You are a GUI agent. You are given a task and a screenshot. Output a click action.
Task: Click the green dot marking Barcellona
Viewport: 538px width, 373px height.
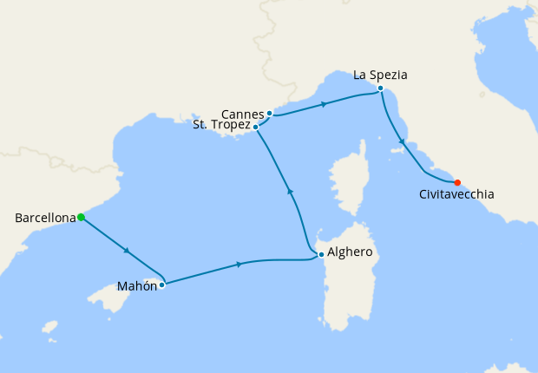point(81,218)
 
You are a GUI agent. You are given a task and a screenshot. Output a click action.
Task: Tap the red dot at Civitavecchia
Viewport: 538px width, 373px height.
point(457,182)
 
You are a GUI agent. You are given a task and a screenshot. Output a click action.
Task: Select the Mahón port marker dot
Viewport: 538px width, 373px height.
point(161,285)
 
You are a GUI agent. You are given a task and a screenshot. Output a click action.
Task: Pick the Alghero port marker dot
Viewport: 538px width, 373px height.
point(321,254)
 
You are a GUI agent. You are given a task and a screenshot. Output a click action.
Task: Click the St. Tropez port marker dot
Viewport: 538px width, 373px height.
point(255,128)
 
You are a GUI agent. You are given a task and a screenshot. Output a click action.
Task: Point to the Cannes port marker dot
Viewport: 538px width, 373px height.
point(270,114)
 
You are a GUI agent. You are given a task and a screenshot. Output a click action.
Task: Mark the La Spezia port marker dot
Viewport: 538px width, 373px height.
point(380,88)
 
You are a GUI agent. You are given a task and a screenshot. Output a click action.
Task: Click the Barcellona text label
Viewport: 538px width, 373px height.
point(45,219)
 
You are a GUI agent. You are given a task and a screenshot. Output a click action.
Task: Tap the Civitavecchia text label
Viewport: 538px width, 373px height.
point(456,195)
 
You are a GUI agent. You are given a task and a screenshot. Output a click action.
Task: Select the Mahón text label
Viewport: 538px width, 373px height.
point(136,285)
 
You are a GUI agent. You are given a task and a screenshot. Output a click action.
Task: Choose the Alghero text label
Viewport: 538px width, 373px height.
point(351,253)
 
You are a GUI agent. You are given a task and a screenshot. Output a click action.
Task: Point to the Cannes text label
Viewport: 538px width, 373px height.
point(242,115)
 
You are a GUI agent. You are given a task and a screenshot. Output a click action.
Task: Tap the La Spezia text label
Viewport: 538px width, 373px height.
point(380,75)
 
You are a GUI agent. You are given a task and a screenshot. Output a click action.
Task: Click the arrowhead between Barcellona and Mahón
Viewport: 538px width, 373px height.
point(128,252)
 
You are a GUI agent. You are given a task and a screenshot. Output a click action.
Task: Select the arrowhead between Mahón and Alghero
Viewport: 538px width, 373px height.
point(239,264)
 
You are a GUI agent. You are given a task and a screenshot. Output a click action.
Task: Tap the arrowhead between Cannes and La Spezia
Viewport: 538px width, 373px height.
point(323,104)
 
